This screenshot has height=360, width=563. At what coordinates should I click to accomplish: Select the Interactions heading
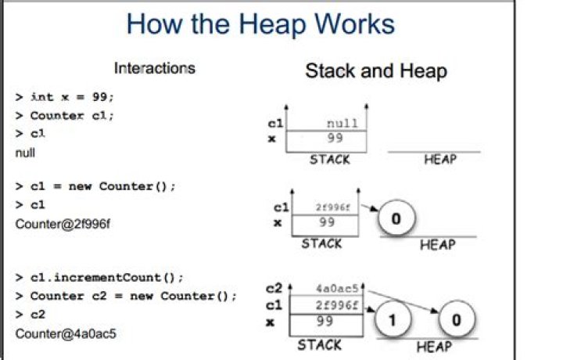coord(154,68)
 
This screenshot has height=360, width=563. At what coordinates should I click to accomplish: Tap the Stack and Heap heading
coord(375,71)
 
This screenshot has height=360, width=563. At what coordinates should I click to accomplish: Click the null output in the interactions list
coord(26,153)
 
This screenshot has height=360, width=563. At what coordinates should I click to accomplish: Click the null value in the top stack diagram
coord(342,123)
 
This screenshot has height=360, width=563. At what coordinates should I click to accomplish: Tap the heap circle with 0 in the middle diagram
coord(396,219)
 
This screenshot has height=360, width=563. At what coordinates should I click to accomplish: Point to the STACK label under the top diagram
coord(329,159)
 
